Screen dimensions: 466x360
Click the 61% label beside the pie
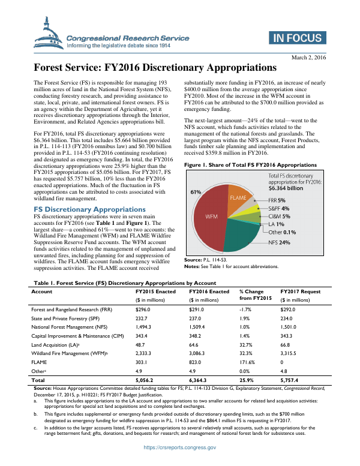pos(196,175)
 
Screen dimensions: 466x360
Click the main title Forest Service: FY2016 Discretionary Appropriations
pos(154,68)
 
